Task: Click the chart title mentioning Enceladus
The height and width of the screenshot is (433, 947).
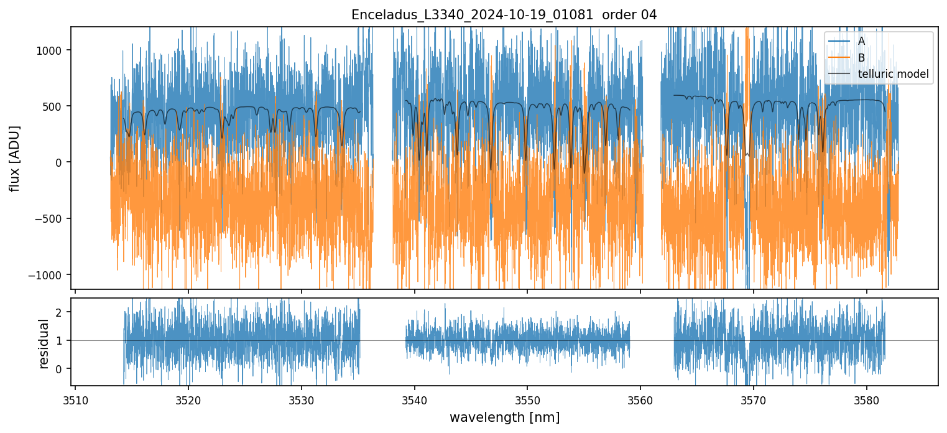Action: [x=504, y=15]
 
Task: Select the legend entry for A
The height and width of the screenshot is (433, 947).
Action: [x=861, y=41]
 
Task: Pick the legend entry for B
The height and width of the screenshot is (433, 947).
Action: [x=861, y=58]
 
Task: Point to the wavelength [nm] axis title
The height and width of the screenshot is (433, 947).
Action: [x=504, y=417]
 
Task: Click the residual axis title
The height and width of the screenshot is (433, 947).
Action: [x=44, y=343]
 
